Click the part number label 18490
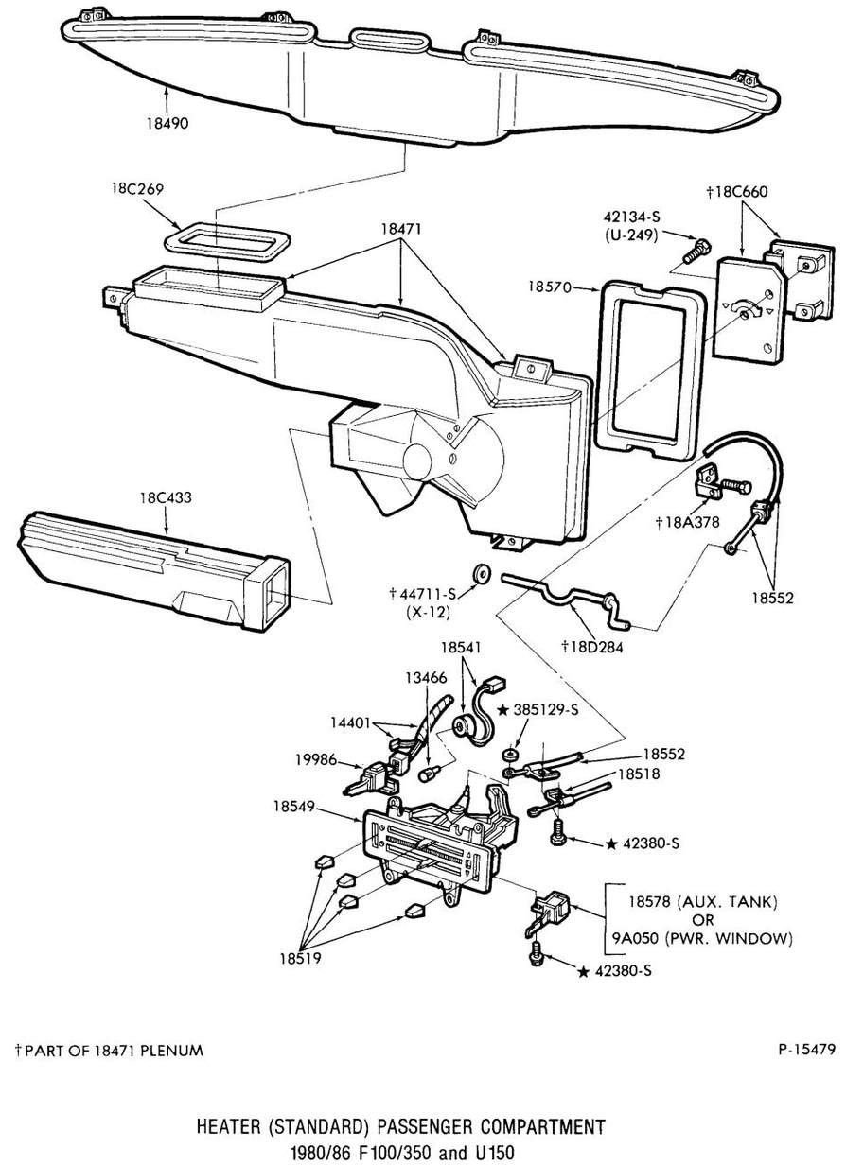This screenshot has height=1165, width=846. coord(168,123)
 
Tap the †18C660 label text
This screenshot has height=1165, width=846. coord(742,191)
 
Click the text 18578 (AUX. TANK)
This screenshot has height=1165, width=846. coord(700,902)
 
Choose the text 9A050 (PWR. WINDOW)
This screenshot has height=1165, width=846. coord(700,939)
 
